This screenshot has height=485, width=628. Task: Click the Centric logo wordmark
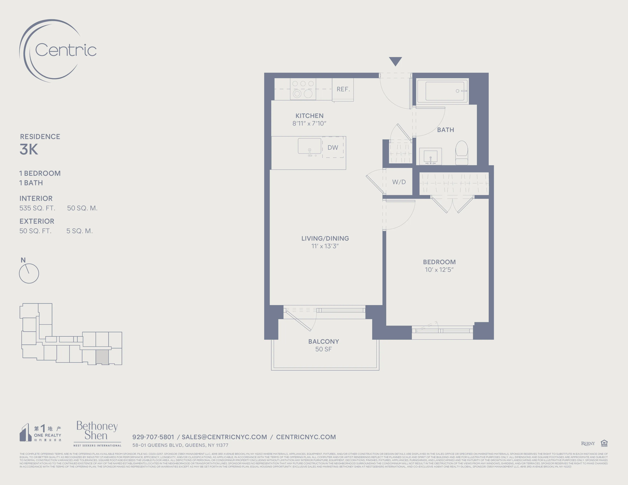coord(66,50)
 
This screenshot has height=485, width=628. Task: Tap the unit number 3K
coord(29,149)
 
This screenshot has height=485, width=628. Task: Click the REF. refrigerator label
coord(343,89)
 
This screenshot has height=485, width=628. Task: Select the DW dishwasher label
coord(333,148)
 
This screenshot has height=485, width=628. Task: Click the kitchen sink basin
coord(309,146)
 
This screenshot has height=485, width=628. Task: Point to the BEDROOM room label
coord(439,262)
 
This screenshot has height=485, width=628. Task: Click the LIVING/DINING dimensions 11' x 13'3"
coord(325,246)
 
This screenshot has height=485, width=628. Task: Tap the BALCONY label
coord(324,342)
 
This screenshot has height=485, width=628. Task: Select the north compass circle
coord(29,274)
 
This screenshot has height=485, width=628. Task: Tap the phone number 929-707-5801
coord(153,437)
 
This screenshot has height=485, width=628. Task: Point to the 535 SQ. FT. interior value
coord(37,208)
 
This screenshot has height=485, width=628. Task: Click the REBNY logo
coord(588,444)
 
